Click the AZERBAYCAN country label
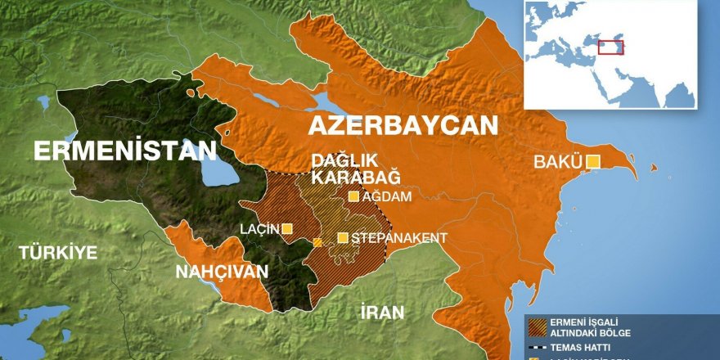(403, 125)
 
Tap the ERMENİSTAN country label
(124, 151)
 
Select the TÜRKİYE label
(59, 252)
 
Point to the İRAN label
(382, 312)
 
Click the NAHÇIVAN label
(222, 272)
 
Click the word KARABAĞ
(345, 177)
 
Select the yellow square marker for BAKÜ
(592, 161)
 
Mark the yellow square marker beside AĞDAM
(353, 196)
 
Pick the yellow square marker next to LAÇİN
(287, 229)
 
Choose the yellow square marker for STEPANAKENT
(343, 238)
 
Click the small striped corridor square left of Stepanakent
(317, 242)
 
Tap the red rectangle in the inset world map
(610, 47)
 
